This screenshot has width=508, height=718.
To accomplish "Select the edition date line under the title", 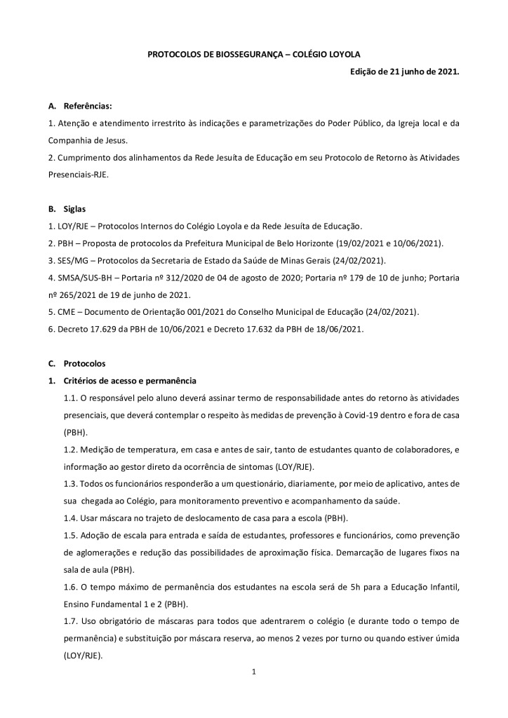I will point(404,72).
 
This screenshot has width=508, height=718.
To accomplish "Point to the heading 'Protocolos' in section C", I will point(84,364).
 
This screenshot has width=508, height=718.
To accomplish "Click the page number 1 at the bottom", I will point(253,672).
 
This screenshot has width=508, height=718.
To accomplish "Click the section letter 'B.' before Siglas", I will point(52,209).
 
